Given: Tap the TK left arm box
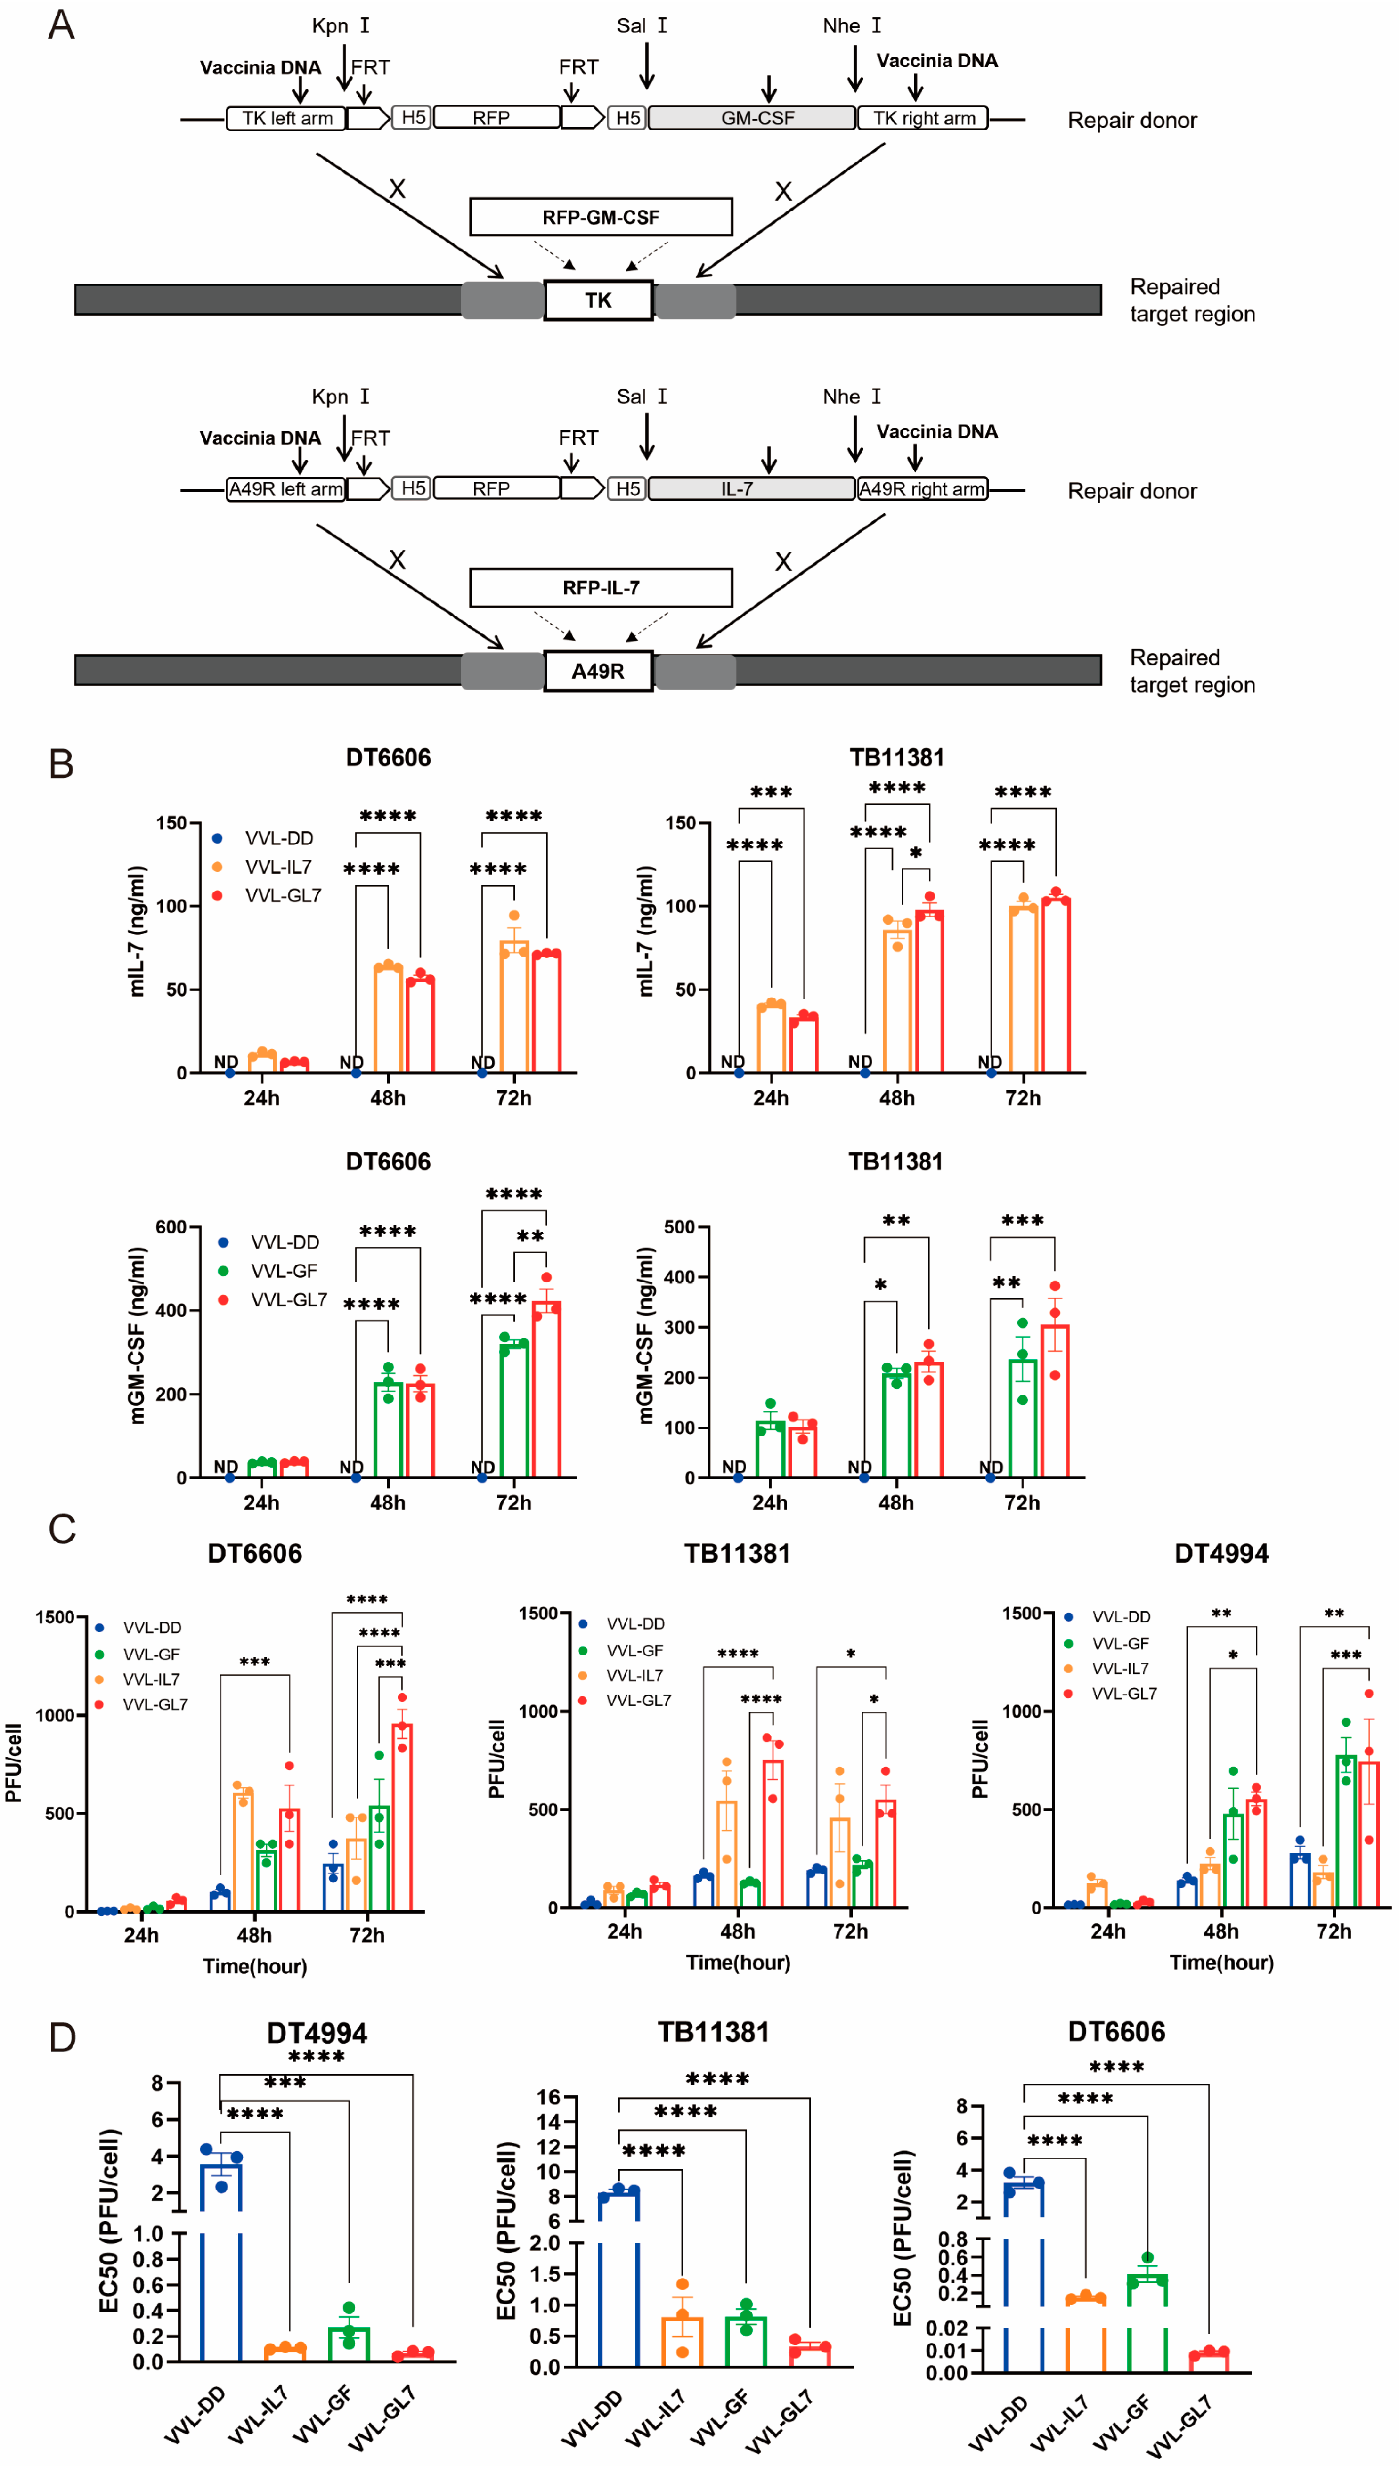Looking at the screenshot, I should pos(286,118).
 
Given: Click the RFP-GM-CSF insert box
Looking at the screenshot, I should pos(601,217).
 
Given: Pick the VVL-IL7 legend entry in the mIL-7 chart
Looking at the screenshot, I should pos(278,867).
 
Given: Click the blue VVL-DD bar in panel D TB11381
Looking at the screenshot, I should pos(619,2277).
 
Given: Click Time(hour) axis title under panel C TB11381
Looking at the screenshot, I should pos(738,1962).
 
